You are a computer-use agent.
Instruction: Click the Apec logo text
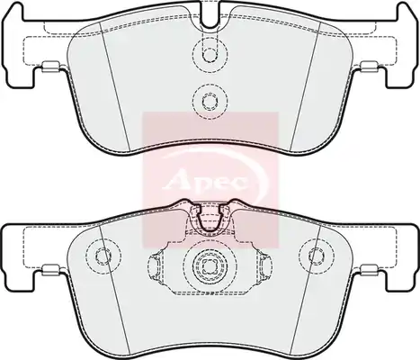click(x=207, y=181)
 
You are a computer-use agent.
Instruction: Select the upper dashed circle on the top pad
click(x=210, y=52)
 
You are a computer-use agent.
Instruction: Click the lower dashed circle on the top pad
click(x=210, y=101)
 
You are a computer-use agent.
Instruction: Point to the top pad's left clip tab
click(x=51, y=67)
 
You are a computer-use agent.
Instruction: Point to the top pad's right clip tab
click(x=370, y=67)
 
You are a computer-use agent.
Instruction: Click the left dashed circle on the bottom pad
click(x=103, y=256)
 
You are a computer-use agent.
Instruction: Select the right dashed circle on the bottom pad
click(x=317, y=256)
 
